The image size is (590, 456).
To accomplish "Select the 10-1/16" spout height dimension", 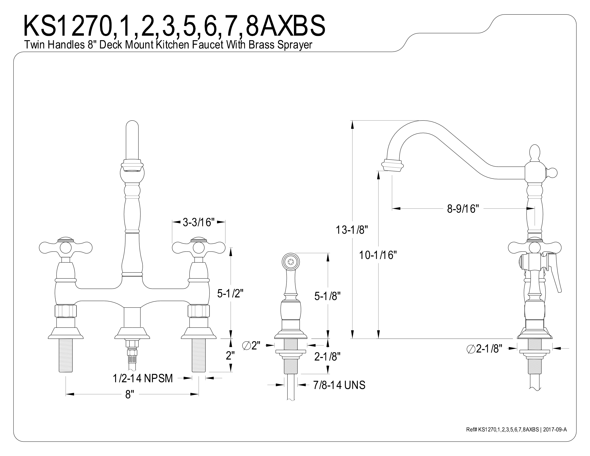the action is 378,255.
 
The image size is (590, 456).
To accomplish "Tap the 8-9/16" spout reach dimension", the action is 463,209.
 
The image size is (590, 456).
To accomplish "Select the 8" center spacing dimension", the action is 129,395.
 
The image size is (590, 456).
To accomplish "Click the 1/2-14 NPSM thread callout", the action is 143,378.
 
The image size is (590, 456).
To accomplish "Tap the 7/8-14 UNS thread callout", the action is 339,385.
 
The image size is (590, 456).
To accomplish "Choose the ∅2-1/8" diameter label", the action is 484,349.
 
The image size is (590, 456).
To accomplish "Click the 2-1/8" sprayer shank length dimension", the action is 327,357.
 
